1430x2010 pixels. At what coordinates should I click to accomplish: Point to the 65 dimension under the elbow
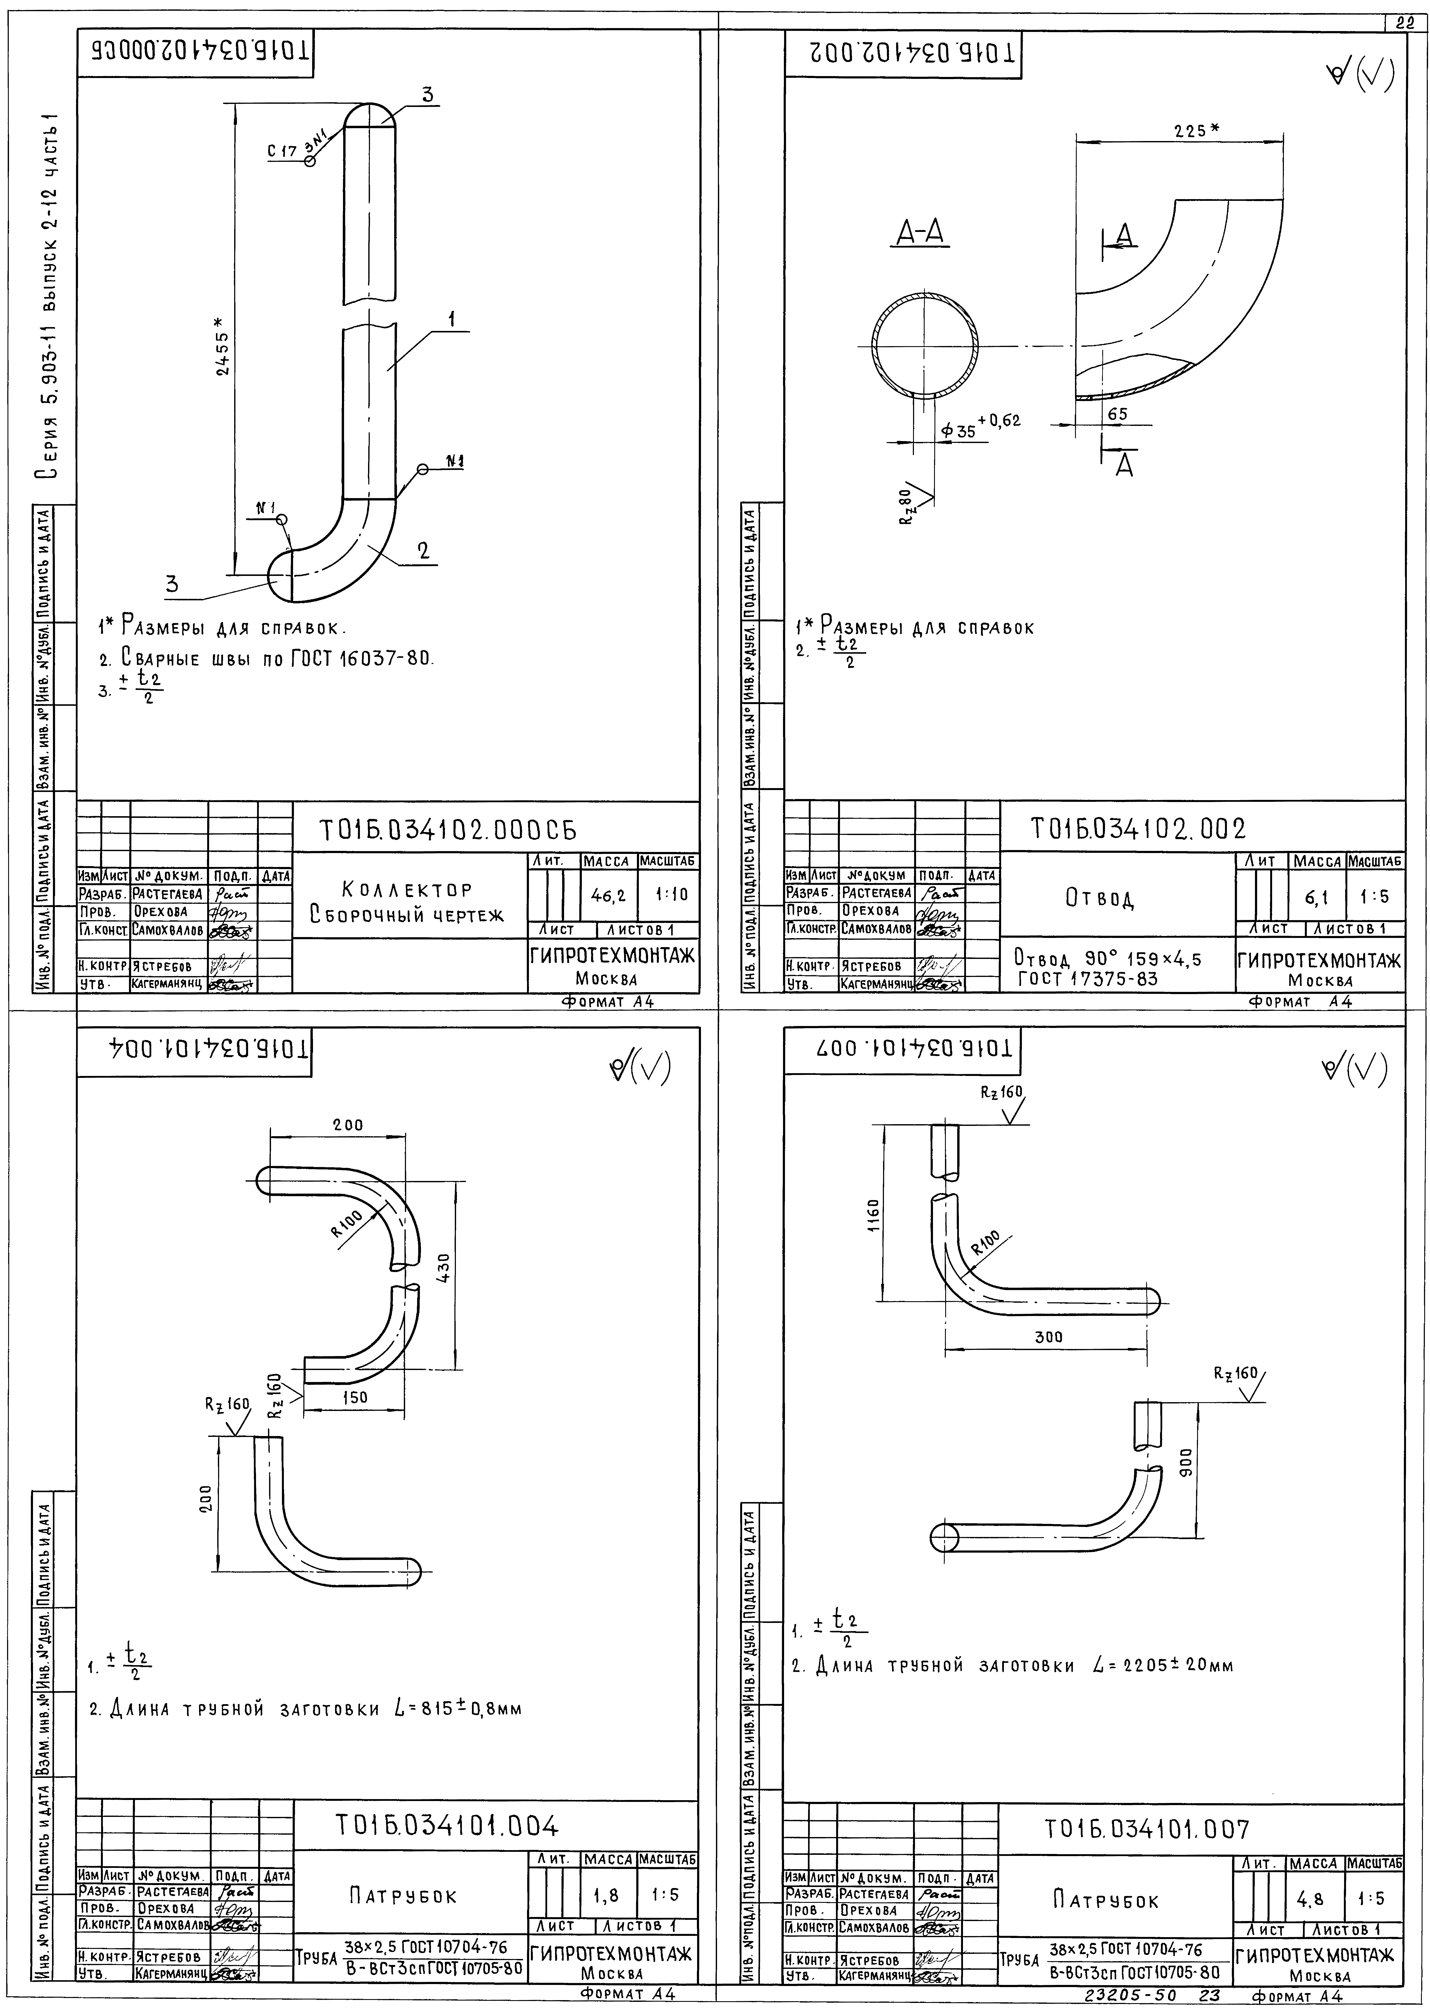(x=1117, y=413)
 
